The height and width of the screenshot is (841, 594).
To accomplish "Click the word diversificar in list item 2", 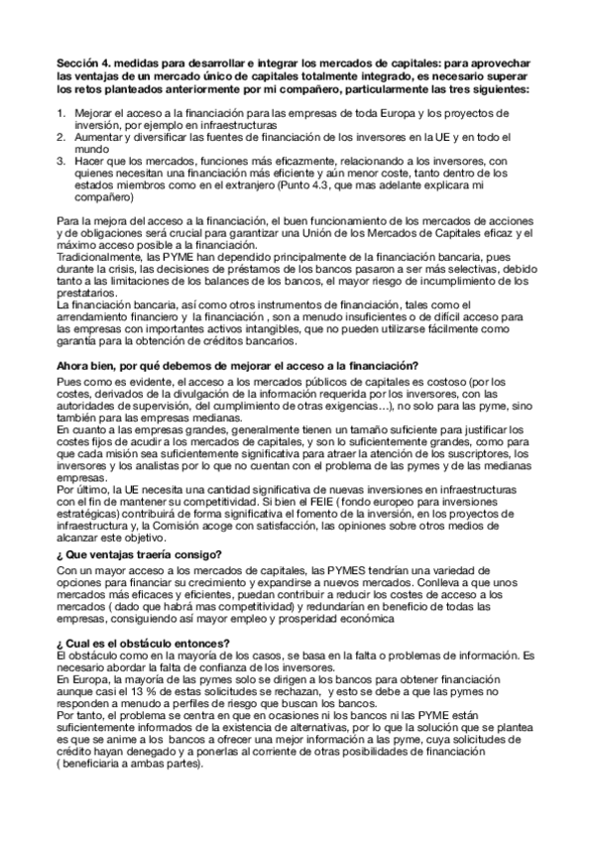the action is pos(140,137).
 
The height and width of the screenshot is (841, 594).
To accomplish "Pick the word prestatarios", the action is pos(86,293).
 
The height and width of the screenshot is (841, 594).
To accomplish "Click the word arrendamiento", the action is pos(95,316).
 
